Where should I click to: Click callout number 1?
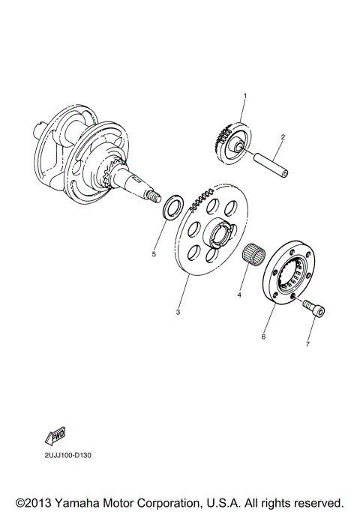click(244, 96)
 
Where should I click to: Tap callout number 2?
click(283, 137)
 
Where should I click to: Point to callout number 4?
click(239, 295)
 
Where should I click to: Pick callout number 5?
click(154, 254)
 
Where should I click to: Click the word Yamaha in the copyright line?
click(77, 502)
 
